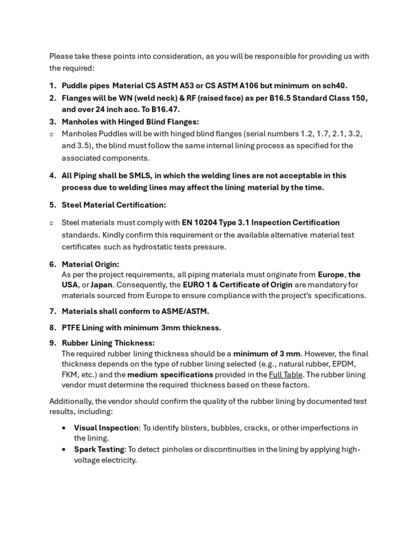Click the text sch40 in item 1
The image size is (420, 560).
pyautogui.click(x=334, y=85)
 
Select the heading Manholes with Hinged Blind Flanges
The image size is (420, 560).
pyautogui.click(x=130, y=121)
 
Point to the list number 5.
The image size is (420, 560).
pyautogui.click(x=52, y=205)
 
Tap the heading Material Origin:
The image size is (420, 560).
pyautogui.click(x=90, y=264)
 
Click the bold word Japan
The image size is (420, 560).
pyautogui.click(x=101, y=285)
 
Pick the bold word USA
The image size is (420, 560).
pyautogui.click(x=70, y=285)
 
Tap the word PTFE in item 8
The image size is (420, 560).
pyautogui.click(x=71, y=328)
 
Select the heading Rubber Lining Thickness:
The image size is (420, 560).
pyautogui.click(x=108, y=343)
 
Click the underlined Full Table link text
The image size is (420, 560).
pyautogui.click(x=285, y=375)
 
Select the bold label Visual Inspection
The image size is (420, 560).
pyautogui.click(x=106, y=428)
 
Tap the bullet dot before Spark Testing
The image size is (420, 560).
pyautogui.click(x=65, y=450)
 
